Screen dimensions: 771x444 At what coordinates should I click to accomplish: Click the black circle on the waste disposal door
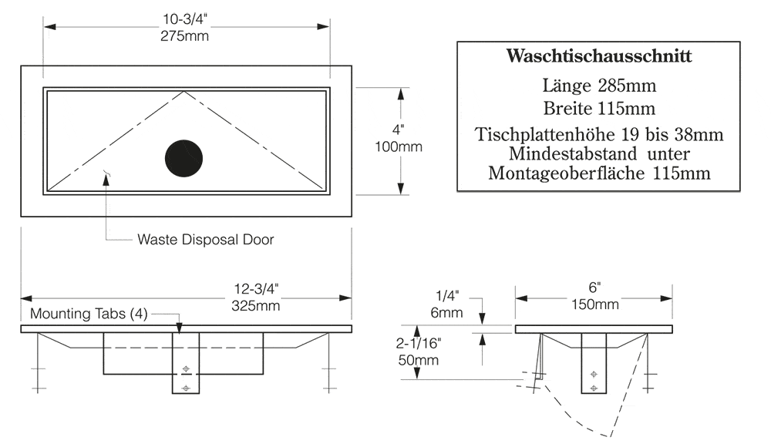[x=184, y=158]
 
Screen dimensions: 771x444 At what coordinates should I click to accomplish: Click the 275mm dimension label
[x=184, y=36]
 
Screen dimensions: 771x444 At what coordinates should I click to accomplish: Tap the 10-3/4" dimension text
[x=185, y=19]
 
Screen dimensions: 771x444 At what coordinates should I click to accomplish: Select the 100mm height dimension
[x=399, y=146]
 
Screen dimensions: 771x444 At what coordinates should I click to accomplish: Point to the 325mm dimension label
[x=256, y=306]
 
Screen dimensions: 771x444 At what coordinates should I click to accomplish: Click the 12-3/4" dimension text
[x=256, y=289]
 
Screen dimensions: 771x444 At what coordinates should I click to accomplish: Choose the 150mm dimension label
[x=595, y=304]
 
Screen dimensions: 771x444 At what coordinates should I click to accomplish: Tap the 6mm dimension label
[x=446, y=313]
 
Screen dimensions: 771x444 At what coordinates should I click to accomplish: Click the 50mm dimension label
[x=419, y=361]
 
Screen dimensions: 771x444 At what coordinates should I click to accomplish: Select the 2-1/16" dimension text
[x=419, y=343]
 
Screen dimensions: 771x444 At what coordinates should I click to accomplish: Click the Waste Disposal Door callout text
[x=206, y=240]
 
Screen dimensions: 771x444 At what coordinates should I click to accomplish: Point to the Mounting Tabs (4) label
[x=89, y=314]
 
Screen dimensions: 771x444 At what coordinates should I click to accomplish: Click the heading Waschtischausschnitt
[x=599, y=56]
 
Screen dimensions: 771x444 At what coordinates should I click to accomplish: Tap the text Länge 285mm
[x=599, y=86]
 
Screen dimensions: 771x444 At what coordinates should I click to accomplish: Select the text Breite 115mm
[x=599, y=108]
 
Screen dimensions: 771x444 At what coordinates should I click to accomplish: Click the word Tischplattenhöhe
[x=545, y=135]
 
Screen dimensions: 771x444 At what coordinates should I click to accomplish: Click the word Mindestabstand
[x=573, y=153]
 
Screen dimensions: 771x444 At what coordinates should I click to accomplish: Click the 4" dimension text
[x=399, y=129]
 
